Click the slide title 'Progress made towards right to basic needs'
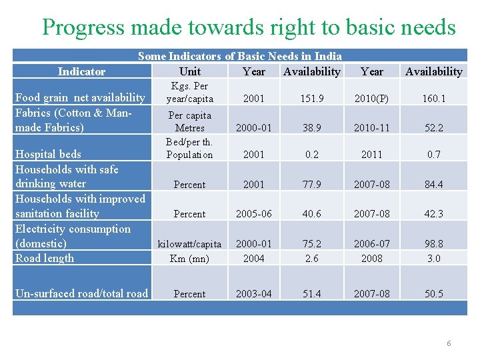point(249,27)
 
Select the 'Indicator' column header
point(81,71)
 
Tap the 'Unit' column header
point(190,71)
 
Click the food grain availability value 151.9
point(311,99)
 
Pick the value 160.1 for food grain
point(433,99)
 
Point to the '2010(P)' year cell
point(372,99)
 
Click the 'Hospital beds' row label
point(48,155)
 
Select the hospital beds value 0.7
point(433,155)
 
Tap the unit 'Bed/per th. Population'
point(190,148)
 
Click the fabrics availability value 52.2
point(433,128)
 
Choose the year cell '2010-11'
point(372,128)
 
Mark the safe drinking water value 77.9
point(311,185)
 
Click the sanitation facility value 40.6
point(311,214)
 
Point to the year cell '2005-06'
point(254,214)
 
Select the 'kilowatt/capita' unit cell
point(190,244)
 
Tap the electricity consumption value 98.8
point(433,244)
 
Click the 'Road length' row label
point(45,259)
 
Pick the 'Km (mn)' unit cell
point(190,259)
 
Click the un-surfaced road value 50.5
point(433,294)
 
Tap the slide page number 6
point(449,343)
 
